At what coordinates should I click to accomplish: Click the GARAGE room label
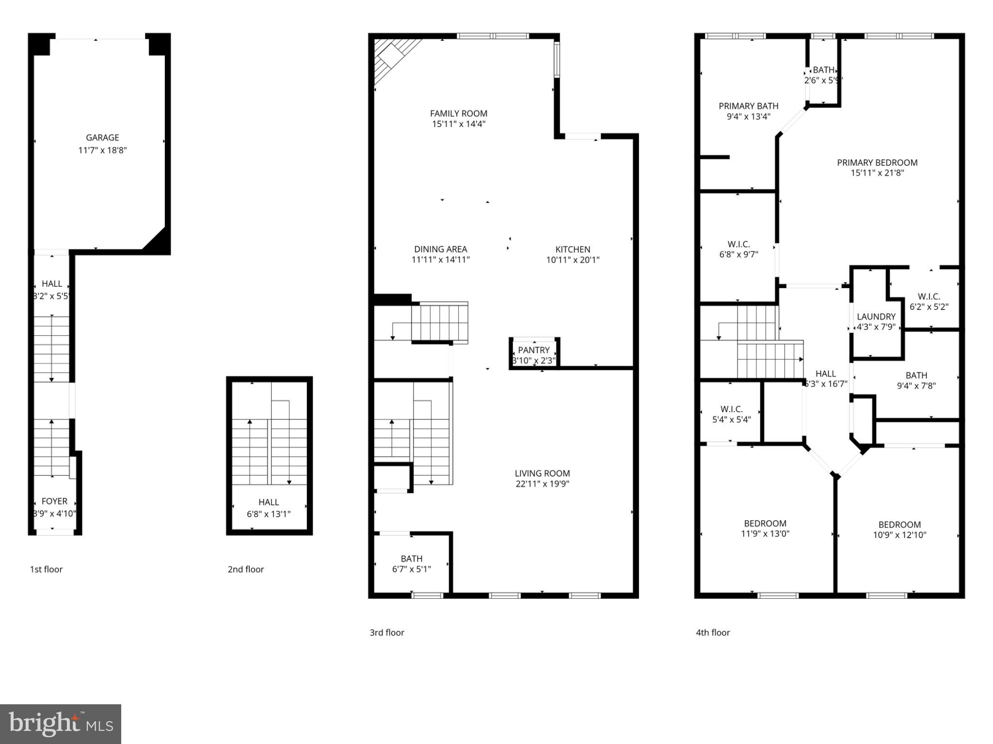[102, 138]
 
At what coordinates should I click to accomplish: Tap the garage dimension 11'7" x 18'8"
[102, 150]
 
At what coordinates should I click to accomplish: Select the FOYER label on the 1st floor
[54, 501]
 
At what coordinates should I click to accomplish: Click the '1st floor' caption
[46, 569]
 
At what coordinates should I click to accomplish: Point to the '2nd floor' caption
[246, 569]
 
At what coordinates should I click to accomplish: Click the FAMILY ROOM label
[459, 113]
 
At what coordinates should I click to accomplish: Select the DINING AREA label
[440, 249]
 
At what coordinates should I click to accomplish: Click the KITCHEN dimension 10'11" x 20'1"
[573, 260]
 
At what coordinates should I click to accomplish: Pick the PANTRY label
[534, 350]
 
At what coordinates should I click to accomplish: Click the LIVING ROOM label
[542, 473]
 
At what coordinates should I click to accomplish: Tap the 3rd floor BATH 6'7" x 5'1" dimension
[411, 569]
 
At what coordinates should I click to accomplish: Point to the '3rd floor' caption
[387, 632]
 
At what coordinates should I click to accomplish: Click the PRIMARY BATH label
[748, 106]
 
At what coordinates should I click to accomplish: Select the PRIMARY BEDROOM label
[877, 162]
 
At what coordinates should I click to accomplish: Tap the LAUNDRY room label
[876, 317]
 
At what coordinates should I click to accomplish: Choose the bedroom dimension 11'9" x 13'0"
[765, 534]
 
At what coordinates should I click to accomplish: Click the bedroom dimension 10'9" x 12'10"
[899, 535]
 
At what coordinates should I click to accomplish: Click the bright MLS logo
[61, 724]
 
